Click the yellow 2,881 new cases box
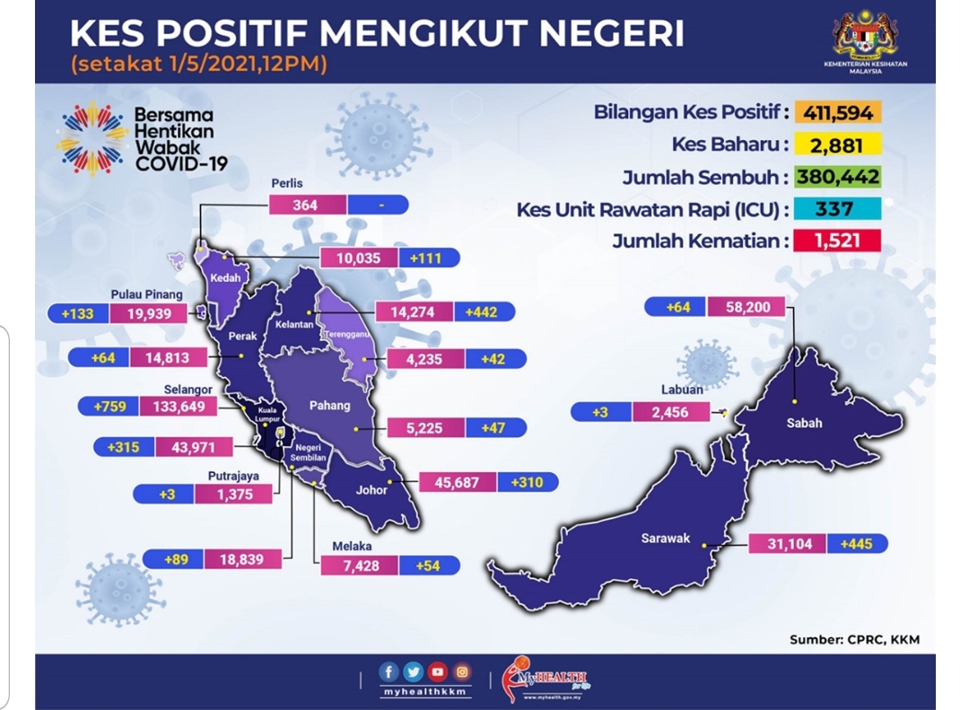(x=837, y=145)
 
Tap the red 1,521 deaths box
(x=837, y=240)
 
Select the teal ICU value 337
(x=837, y=208)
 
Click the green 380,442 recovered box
(x=837, y=177)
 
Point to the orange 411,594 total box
(x=837, y=112)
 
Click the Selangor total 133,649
(x=179, y=407)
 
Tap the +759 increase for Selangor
(x=109, y=407)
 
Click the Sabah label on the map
(x=804, y=423)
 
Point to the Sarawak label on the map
(x=665, y=538)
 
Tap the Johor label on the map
(x=371, y=490)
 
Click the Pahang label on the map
(x=329, y=406)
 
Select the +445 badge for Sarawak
(x=857, y=544)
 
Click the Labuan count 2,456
(x=670, y=412)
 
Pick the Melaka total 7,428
(x=361, y=565)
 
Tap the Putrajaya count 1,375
(x=233, y=495)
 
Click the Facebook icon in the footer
(x=388, y=671)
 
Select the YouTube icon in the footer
(x=437, y=671)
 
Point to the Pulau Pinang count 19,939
(x=148, y=313)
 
